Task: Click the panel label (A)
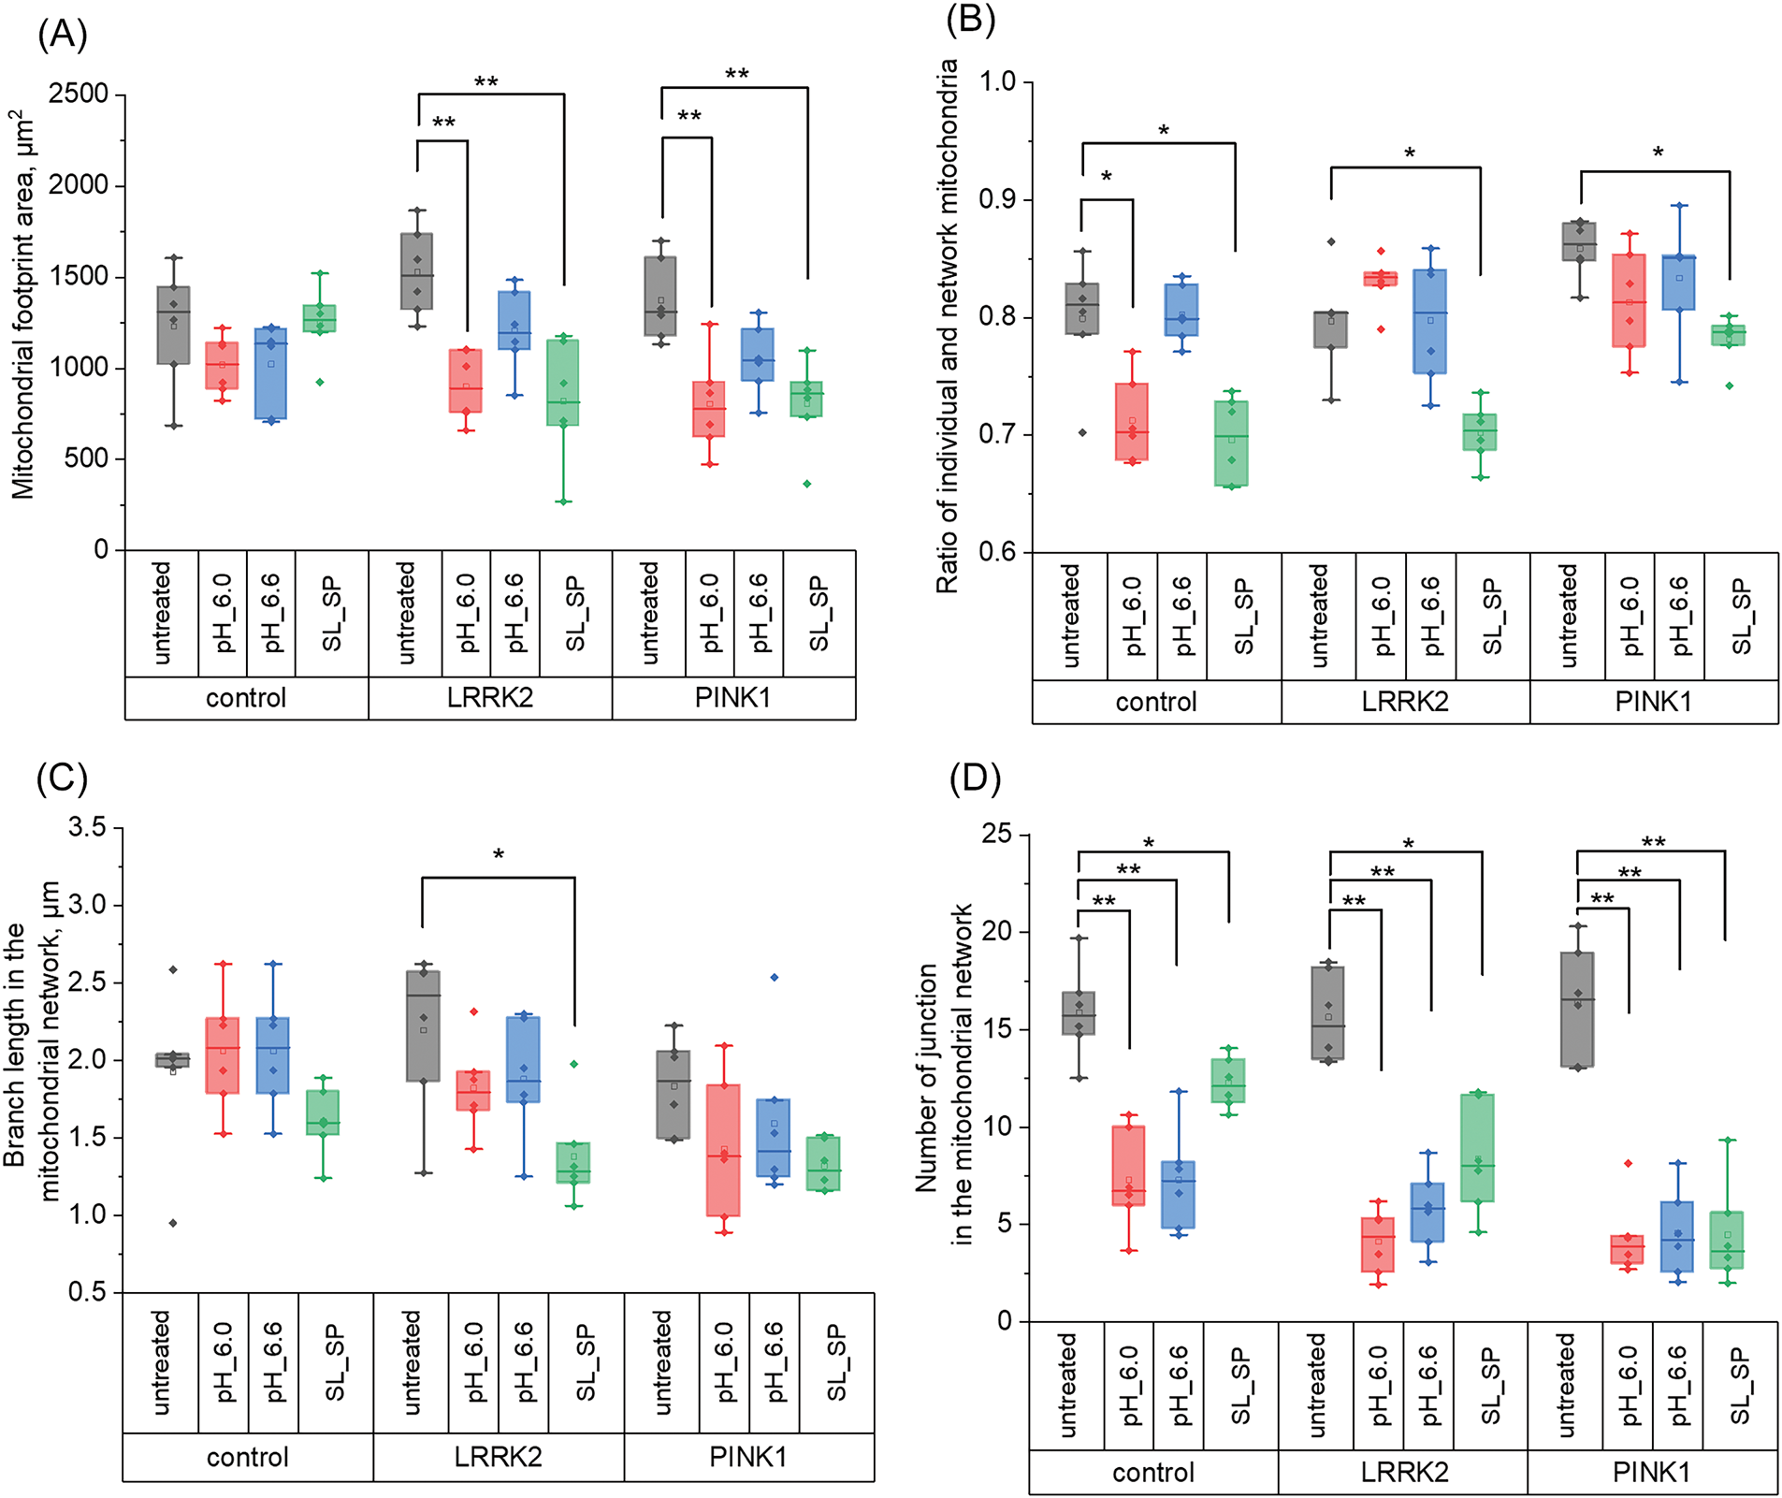pos(62,35)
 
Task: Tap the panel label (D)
pos(975,778)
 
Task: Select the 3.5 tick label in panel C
pos(88,828)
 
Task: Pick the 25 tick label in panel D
pos(997,834)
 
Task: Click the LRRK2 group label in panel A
pos(489,698)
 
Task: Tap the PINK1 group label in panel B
pos(1653,702)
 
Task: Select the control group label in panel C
pos(247,1457)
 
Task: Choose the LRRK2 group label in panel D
pos(1403,1472)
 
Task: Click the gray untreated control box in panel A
pos(173,325)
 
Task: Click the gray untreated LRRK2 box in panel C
pos(423,1025)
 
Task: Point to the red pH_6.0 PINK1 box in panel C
pos(723,1149)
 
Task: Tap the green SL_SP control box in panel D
pos(1228,1080)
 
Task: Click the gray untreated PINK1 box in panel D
pos(1577,1010)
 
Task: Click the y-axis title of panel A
pos(22,304)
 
